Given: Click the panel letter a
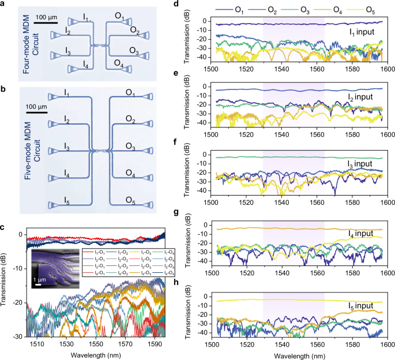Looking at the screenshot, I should click(x=5, y=5).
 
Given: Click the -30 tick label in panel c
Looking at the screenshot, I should click(x=19, y=336).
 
